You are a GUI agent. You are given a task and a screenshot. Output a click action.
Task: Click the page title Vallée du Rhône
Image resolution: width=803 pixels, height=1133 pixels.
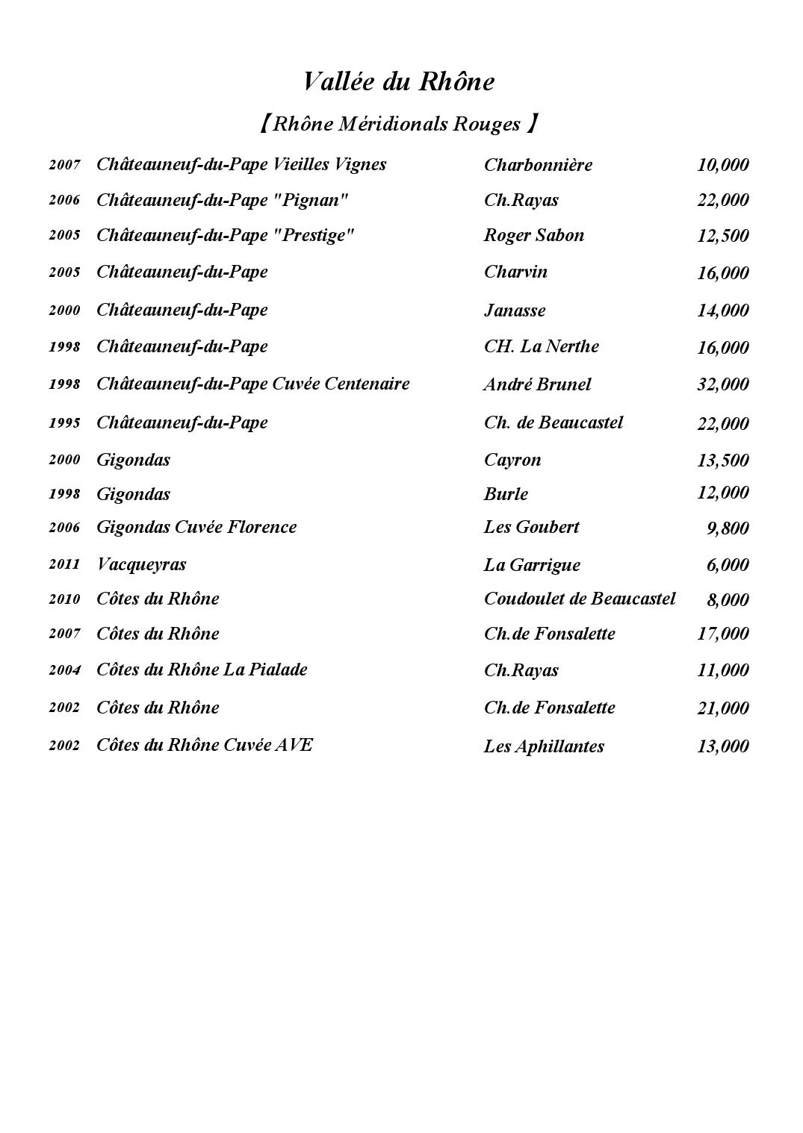[x=399, y=81]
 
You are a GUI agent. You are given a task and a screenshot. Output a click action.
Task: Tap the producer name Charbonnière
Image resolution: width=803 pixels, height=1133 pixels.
[x=538, y=165]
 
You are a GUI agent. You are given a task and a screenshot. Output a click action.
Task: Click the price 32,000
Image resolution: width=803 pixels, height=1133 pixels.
[x=722, y=384]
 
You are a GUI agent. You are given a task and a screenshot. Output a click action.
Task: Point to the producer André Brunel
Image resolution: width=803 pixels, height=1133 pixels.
[x=537, y=384]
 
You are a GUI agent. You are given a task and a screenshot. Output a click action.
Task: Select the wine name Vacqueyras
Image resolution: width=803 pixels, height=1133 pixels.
[x=141, y=564]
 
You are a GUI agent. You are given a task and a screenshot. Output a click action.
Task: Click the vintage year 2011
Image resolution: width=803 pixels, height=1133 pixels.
[x=64, y=564]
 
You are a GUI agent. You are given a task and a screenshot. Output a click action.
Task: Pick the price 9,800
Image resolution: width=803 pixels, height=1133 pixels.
[x=727, y=528]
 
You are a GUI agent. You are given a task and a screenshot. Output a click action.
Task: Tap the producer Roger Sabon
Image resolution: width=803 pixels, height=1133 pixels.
[x=534, y=235]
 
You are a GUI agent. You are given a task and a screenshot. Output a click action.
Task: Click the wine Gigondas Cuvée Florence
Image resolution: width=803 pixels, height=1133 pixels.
[x=196, y=527]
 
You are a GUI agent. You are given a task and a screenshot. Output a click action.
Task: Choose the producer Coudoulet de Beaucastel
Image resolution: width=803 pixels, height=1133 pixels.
[x=580, y=599]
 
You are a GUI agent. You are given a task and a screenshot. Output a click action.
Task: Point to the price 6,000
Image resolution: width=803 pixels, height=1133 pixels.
[x=727, y=565]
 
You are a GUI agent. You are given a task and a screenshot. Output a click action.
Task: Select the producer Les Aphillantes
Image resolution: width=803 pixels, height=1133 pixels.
[x=544, y=746]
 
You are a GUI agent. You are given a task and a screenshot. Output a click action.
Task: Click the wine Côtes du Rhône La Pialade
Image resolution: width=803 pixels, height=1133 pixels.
[x=202, y=669]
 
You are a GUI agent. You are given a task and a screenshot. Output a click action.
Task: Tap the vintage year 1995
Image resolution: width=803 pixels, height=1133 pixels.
[x=64, y=423]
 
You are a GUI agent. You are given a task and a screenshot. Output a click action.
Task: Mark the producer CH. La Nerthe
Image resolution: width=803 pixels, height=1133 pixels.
[x=542, y=346]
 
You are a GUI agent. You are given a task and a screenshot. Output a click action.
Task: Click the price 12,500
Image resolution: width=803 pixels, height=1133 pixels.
[x=722, y=236]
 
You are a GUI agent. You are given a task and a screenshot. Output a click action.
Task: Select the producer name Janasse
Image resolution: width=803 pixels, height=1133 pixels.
[x=515, y=310]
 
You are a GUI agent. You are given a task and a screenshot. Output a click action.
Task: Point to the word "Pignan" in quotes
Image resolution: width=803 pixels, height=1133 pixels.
[x=312, y=200]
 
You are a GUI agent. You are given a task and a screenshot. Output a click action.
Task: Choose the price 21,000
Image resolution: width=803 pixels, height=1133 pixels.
[x=722, y=708]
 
